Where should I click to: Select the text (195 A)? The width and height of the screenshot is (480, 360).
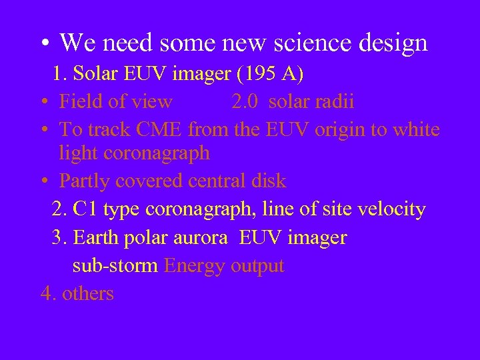[x=270, y=74]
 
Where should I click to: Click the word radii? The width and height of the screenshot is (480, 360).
[x=335, y=101]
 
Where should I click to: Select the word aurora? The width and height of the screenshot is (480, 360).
[x=199, y=237]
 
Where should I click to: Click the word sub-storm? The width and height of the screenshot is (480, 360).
[x=115, y=265]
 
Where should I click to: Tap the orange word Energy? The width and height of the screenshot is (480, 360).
[x=194, y=266]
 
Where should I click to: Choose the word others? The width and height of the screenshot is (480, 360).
[x=88, y=293]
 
